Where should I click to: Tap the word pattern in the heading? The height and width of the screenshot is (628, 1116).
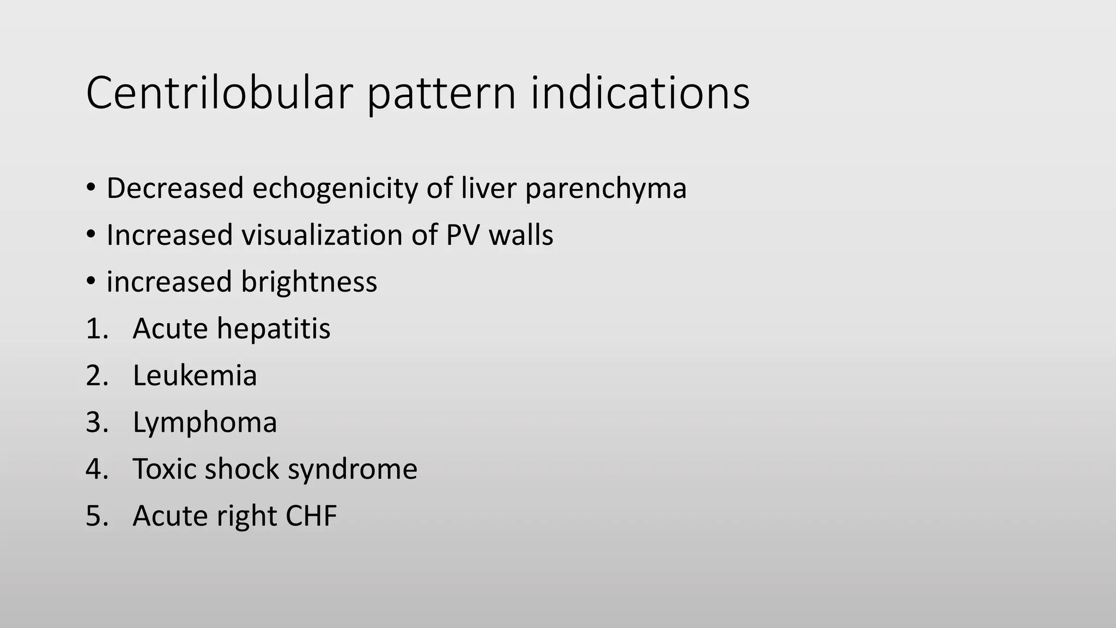(441, 94)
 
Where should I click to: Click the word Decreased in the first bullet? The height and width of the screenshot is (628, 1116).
(174, 189)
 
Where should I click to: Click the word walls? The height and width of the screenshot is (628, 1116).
(520, 235)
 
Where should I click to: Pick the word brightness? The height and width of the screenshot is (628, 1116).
(308, 282)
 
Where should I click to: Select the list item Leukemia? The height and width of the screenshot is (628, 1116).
(195, 376)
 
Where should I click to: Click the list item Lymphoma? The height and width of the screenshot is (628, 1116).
(204, 423)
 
